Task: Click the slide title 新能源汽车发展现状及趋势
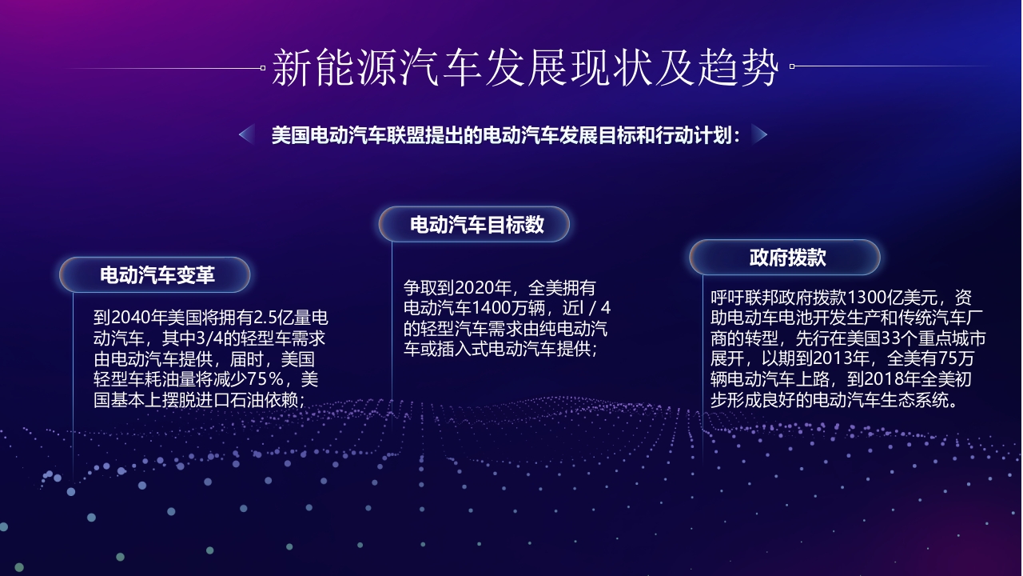click(525, 67)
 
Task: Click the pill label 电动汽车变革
click(157, 276)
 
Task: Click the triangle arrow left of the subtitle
click(246, 134)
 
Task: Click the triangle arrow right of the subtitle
click(759, 134)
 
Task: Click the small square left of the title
click(263, 68)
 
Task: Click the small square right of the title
click(791, 67)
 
